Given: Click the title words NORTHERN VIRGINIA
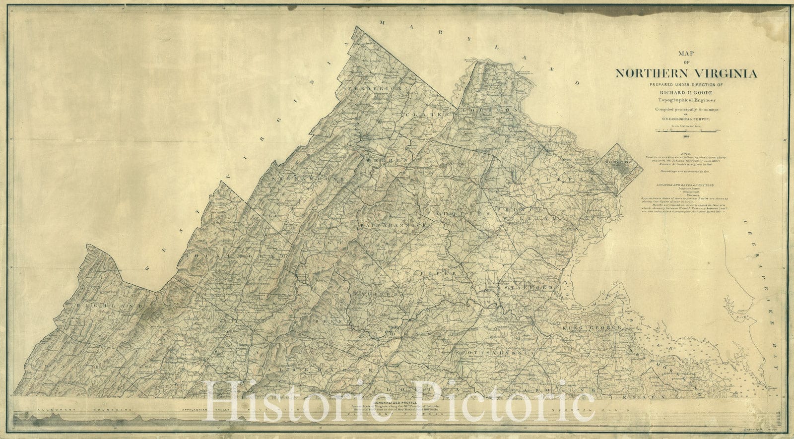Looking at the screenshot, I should click(686, 74).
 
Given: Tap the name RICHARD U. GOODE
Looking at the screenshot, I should click(686, 92).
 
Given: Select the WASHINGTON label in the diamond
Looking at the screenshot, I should click(616, 162).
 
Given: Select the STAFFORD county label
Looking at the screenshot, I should click(529, 288).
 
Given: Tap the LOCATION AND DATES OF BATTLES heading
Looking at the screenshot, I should click(686, 185).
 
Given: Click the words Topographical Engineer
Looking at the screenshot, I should click(686, 100).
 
